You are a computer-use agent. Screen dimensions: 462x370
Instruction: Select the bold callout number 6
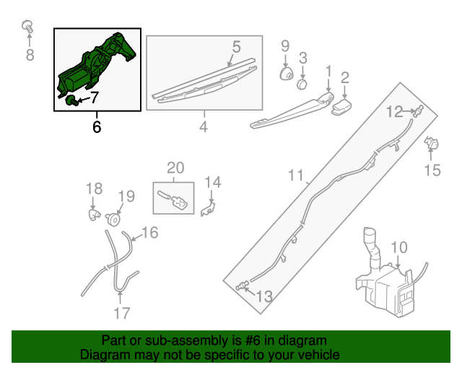tap(97, 127)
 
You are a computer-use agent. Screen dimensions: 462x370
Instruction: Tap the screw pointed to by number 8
tap(27, 27)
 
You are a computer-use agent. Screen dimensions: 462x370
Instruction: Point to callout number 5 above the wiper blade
tap(236, 47)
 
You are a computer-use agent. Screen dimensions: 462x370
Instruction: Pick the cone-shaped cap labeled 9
tap(286, 74)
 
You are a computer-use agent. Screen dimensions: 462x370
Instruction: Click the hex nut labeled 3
tap(302, 85)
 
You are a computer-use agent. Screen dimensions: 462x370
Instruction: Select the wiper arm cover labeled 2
tap(341, 107)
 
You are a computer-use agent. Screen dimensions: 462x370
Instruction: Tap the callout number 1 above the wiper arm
tap(328, 71)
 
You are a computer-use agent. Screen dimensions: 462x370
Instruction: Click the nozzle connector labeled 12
tap(419, 111)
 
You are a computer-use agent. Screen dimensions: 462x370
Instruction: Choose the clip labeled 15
tap(432, 143)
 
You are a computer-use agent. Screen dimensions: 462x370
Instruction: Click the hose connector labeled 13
tap(243, 285)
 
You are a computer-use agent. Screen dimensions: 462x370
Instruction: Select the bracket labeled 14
tap(208, 209)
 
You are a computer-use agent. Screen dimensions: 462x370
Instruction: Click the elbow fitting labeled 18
tap(95, 214)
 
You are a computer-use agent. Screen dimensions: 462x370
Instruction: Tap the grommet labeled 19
tap(113, 220)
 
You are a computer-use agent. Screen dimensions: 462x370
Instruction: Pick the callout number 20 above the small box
tap(175, 168)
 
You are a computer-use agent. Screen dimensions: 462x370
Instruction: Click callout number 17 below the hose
tap(122, 313)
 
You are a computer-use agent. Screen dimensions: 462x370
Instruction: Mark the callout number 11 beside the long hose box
tap(295, 176)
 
